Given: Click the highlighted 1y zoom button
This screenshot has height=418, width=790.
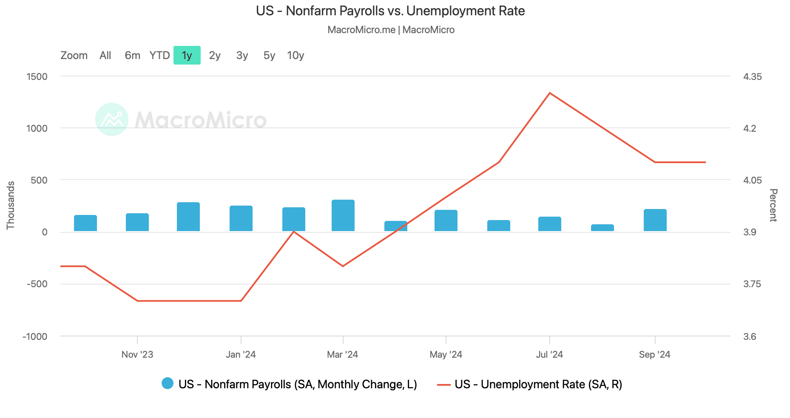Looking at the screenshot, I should (x=187, y=55).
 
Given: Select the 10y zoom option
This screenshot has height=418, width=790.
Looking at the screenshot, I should (x=296, y=55).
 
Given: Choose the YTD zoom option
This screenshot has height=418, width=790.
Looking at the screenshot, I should (x=159, y=55).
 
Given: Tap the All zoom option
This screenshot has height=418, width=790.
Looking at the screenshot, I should (x=105, y=55).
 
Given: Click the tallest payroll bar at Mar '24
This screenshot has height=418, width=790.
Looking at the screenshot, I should (x=343, y=215).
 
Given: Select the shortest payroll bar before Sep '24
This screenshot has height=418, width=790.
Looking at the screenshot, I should (x=602, y=228).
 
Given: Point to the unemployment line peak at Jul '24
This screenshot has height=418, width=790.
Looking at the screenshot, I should (x=550, y=93).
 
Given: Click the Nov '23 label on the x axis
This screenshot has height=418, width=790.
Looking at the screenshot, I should (x=137, y=354).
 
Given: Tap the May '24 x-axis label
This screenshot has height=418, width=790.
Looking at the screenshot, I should (x=446, y=354).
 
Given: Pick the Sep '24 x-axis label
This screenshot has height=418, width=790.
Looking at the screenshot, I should (x=654, y=354).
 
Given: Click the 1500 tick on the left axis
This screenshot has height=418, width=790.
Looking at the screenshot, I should (x=37, y=76).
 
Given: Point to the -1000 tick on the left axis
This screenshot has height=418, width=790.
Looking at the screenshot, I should (x=35, y=336).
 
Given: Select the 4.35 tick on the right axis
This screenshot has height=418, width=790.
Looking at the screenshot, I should (x=753, y=76).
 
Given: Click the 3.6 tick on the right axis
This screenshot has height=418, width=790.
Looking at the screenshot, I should (x=749, y=336).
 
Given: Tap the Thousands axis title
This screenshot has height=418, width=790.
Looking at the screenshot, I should (x=11, y=206).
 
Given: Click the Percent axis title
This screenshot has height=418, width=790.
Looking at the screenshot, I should (x=773, y=205).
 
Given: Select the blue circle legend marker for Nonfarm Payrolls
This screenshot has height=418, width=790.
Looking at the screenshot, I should (x=168, y=384).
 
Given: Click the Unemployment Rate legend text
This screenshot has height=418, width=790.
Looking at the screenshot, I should (x=538, y=384).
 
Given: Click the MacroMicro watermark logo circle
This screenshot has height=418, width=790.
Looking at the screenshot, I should (x=112, y=119).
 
